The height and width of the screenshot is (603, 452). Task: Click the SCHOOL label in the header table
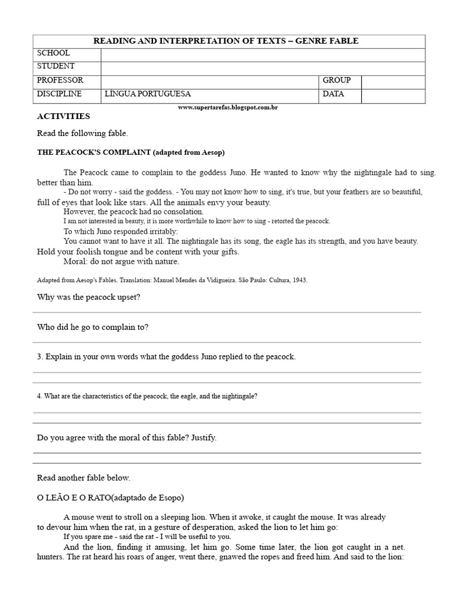(54, 54)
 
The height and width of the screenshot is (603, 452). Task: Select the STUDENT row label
(55, 67)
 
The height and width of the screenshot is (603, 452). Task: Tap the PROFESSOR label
(60, 80)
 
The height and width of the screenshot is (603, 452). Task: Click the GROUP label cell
(336, 80)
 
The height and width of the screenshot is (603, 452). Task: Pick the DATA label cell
(333, 94)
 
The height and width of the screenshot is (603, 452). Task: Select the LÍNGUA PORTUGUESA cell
(148, 94)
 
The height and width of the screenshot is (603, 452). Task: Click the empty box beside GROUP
(393, 81)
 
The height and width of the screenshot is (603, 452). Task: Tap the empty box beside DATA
(393, 95)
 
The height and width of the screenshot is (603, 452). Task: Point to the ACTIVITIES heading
(63, 116)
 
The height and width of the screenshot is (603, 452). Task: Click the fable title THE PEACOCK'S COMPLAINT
(93, 152)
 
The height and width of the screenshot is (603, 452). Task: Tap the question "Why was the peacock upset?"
(88, 297)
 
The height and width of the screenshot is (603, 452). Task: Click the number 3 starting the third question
(39, 357)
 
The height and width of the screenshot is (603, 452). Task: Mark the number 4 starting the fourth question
(39, 396)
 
